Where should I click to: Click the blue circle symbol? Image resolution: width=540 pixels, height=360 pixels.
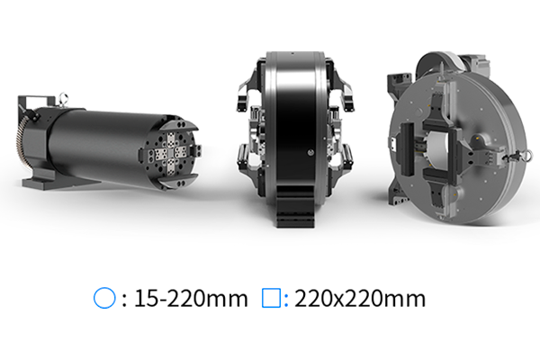104,298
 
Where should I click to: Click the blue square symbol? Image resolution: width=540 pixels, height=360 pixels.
272,298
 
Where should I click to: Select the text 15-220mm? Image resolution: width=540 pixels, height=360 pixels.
191,298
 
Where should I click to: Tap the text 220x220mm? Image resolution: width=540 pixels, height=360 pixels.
360,298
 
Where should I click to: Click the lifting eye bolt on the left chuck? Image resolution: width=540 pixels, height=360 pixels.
63,98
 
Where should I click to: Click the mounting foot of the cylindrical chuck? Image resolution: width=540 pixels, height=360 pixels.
38,181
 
